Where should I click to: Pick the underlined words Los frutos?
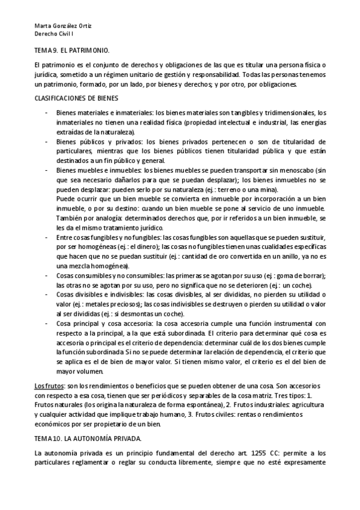[x=48, y=385]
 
